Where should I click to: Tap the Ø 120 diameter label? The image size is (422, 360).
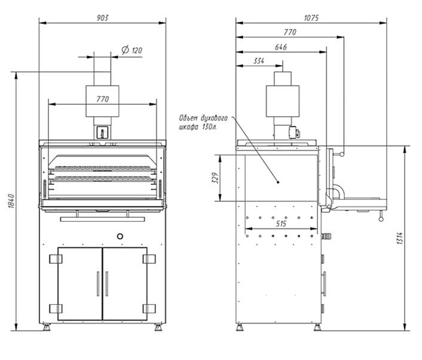tap(132, 50)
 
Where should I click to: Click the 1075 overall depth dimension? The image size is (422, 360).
tap(311, 17)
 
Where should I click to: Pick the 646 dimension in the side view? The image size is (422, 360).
tap(281, 46)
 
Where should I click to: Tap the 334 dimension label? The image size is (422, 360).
tap(259, 61)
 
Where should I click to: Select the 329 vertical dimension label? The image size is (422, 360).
tap(216, 178)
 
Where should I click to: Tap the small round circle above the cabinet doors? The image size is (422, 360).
tap(120, 236)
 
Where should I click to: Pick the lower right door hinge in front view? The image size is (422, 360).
tap(149, 309)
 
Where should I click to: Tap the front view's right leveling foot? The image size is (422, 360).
tap(158, 328)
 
